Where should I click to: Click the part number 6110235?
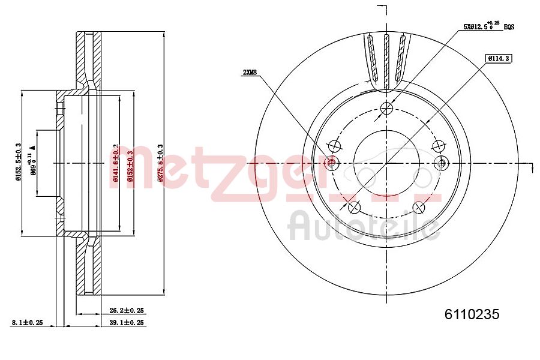472,314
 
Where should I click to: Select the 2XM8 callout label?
249,73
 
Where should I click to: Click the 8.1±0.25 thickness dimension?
27,322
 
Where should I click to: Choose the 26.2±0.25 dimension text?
127,311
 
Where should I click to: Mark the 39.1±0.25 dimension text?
127,322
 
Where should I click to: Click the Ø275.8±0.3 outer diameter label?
159,163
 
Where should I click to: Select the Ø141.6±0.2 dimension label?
115,163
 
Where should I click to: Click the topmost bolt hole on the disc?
387,108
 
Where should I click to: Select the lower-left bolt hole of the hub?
354,208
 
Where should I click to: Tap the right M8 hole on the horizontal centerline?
442,163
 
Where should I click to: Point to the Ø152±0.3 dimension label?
130,163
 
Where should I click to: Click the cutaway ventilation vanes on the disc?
387,60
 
